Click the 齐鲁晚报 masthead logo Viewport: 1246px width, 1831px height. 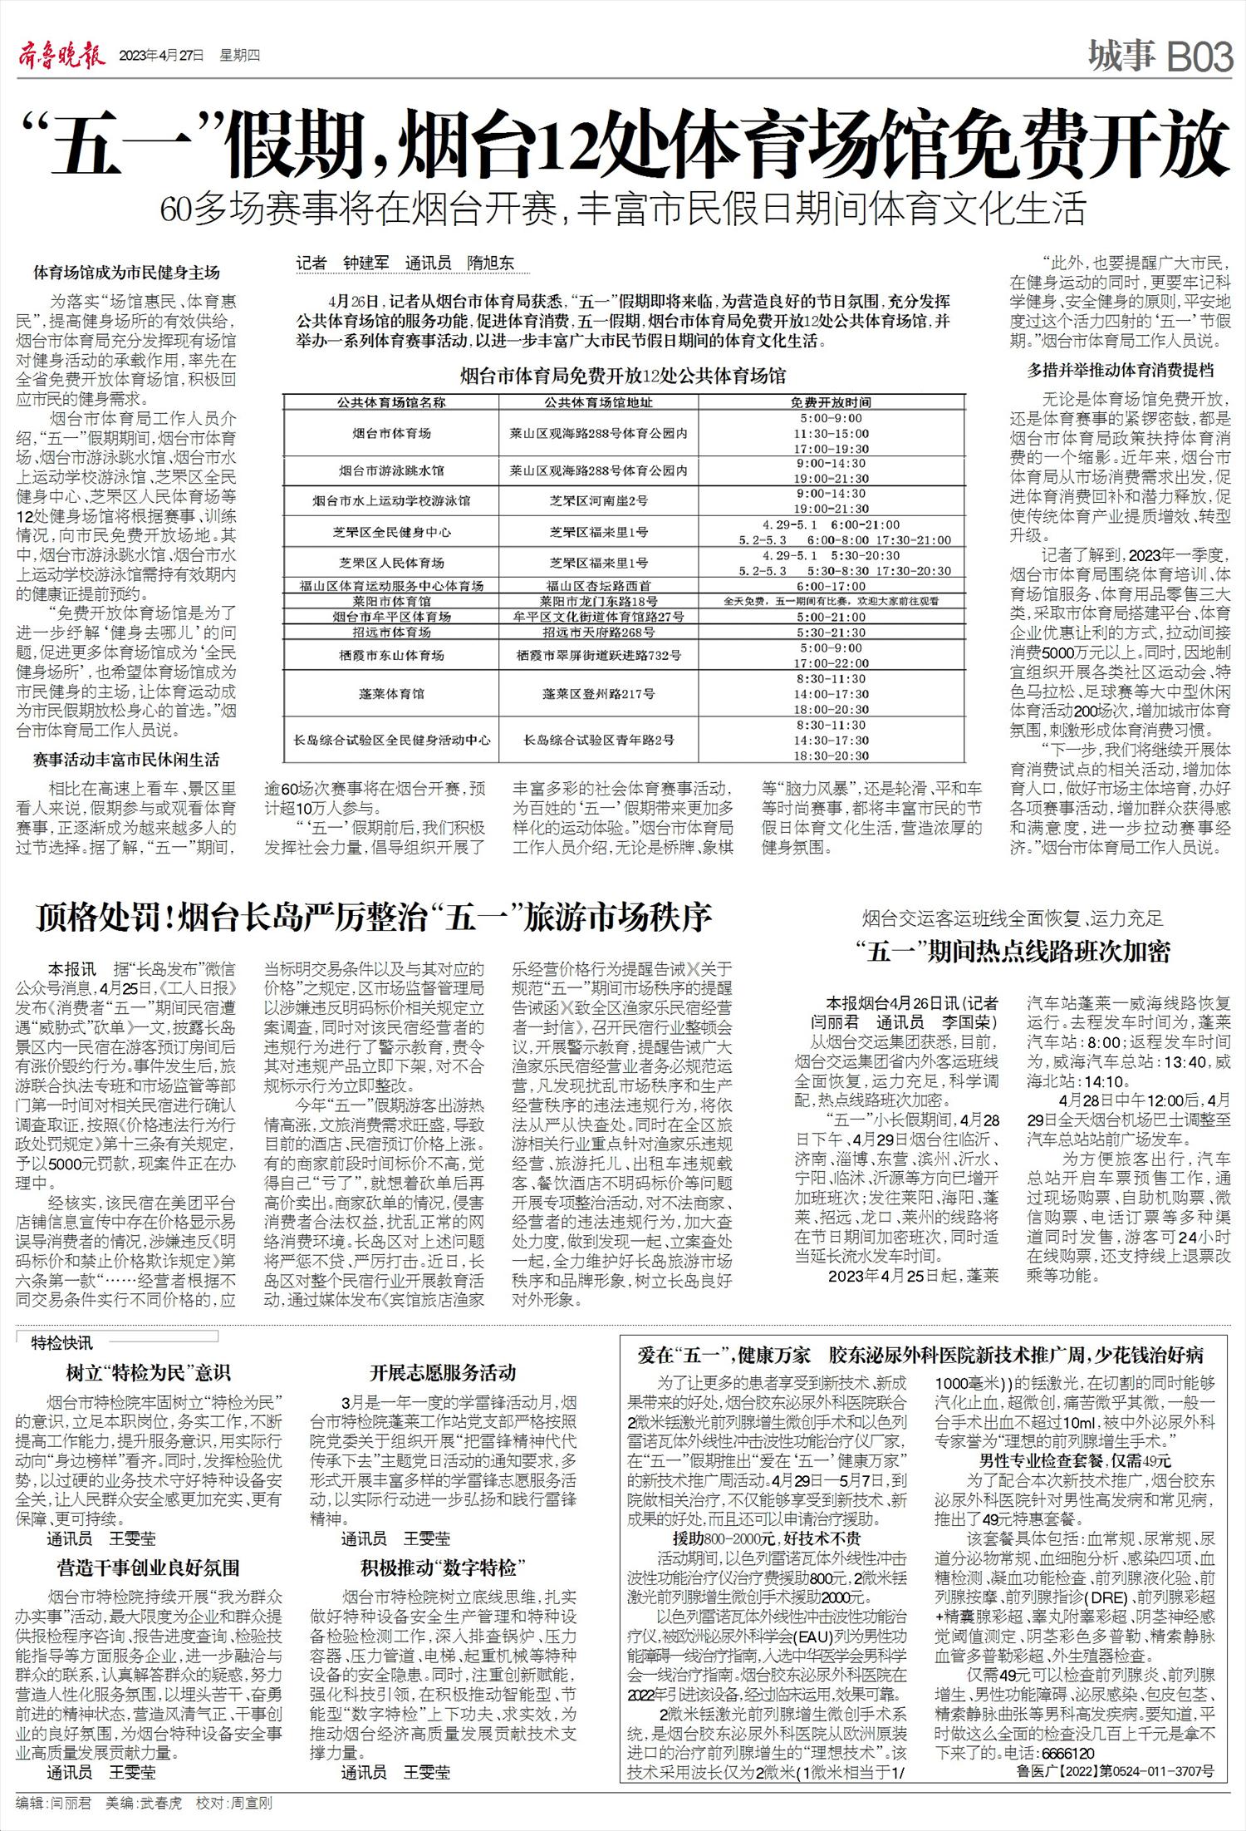61,57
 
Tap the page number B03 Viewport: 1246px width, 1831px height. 1200,58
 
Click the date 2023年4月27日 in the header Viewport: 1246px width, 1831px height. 161,57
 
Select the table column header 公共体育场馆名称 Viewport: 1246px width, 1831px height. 390,402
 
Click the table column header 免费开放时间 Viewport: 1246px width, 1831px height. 831,402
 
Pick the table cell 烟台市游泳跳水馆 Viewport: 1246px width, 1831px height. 390,470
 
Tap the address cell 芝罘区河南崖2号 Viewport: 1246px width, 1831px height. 598,500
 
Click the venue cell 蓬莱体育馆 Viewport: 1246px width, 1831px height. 390,693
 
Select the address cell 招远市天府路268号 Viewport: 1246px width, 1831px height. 598,632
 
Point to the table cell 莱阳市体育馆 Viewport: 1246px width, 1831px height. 390,601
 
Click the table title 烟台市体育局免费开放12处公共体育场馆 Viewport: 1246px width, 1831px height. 623,377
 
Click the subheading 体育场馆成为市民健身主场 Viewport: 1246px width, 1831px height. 126,273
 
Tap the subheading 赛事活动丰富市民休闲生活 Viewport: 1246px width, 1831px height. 126,760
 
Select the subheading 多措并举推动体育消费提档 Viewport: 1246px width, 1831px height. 1121,371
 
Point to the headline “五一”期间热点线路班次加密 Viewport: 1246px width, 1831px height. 1013,952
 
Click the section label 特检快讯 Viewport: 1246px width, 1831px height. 62,1343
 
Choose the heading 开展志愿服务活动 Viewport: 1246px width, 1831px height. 443,1372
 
